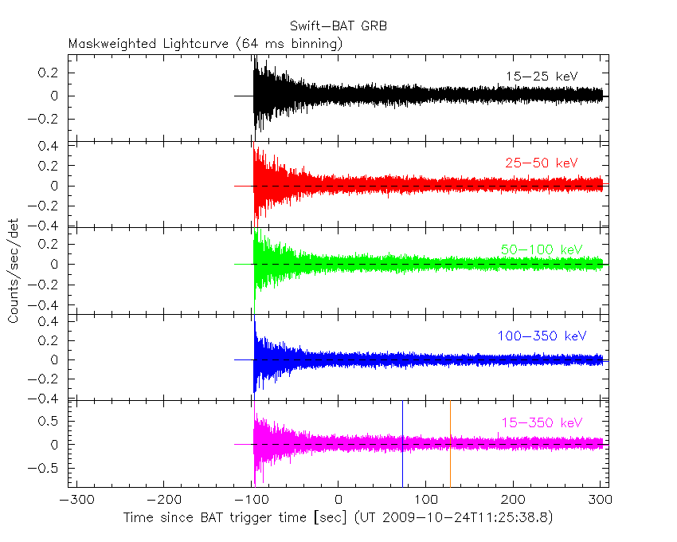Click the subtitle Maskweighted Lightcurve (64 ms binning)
click(x=205, y=44)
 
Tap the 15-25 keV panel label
click(x=541, y=76)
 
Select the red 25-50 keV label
click(x=541, y=163)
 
